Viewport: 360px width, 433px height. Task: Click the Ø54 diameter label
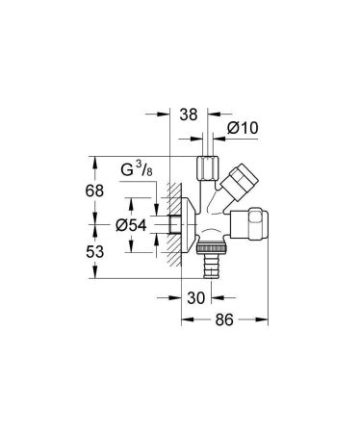click(131, 225)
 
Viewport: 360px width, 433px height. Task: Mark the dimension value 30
click(195, 299)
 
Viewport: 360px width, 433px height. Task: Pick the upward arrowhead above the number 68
click(94, 160)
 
